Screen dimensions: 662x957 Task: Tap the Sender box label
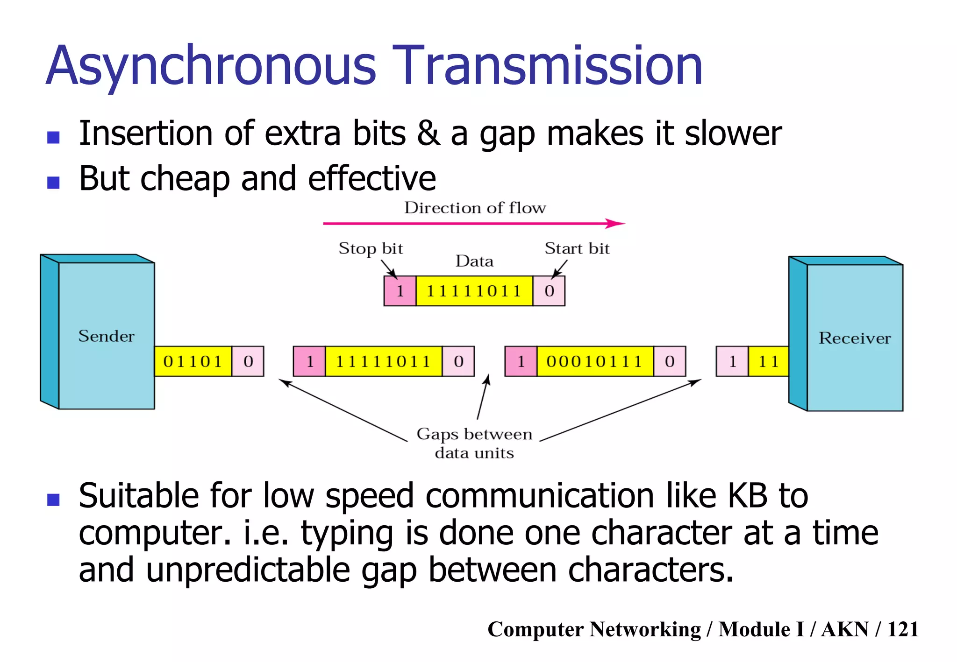(x=106, y=336)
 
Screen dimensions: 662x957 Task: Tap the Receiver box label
(x=855, y=338)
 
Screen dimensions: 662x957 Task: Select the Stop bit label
(x=371, y=248)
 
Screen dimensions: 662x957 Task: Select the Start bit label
(x=577, y=248)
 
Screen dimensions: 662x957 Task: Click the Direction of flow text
(x=475, y=208)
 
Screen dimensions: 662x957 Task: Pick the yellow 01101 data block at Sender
(x=193, y=361)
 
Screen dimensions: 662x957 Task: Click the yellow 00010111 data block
(x=595, y=361)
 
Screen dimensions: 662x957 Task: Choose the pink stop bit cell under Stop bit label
(x=400, y=291)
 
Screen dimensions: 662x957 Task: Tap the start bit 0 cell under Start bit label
(x=549, y=291)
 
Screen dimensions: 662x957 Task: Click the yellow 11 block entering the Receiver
(x=768, y=361)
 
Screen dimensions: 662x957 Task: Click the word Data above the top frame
(x=474, y=261)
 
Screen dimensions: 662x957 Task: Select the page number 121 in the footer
(x=903, y=629)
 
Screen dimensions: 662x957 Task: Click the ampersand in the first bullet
(x=429, y=134)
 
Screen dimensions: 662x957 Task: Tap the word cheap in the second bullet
(x=185, y=179)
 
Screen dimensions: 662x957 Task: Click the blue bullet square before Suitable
(x=54, y=500)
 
